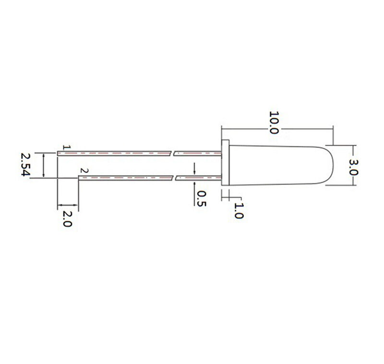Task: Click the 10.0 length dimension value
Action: click(274, 123)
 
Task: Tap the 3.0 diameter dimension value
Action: click(354, 167)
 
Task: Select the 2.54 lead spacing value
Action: click(25, 164)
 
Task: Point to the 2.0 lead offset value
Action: click(67, 219)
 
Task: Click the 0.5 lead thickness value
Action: click(202, 199)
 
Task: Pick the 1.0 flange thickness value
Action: click(239, 211)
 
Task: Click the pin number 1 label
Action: click(67, 148)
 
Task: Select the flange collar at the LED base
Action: click(225, 163)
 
